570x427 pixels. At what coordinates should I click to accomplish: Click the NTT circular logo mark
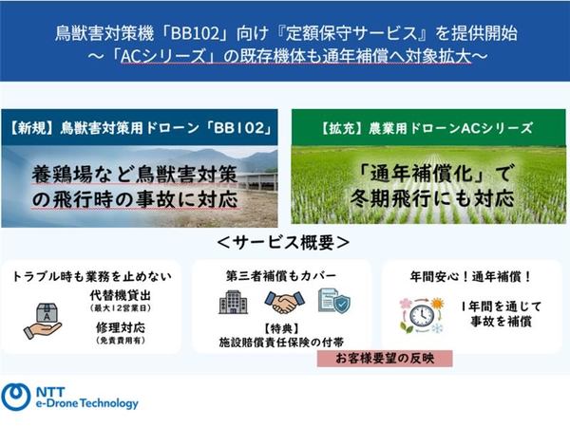tap(16, 396)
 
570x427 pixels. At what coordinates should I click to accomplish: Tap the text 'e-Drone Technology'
tap(85, 404)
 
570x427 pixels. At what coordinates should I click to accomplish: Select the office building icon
tap(234, 303)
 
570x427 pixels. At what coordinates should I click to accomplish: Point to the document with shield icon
tap(333, 303)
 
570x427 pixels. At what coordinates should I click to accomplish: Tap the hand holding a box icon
tap(43, 318)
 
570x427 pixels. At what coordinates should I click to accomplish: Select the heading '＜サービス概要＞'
tap(284, 241)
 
